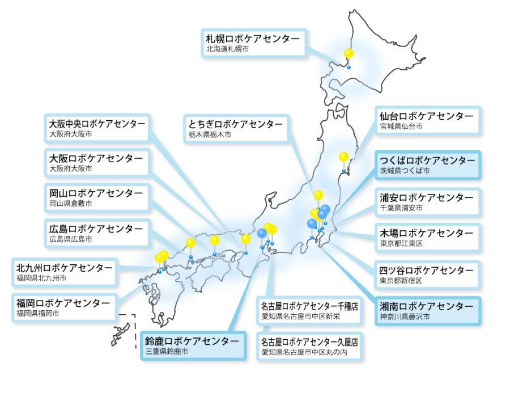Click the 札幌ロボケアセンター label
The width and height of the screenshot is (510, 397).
coord(253,43)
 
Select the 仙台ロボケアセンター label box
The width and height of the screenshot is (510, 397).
coord(427,121)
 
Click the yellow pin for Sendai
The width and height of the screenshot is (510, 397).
coord(344,157)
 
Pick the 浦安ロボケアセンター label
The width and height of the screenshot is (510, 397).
coord(427,202)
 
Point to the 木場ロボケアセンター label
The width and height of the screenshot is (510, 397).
coord(427,238)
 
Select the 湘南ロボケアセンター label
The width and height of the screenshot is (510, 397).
coord(427,311)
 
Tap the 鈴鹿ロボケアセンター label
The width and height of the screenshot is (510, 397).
coord(192,345)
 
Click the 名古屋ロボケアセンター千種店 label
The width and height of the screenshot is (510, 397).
coord(309,311)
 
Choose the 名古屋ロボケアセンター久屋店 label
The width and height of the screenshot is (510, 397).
coord(309,347)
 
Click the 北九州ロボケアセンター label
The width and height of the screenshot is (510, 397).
coord(65,272)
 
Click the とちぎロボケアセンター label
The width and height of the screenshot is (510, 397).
coord(236,129)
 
